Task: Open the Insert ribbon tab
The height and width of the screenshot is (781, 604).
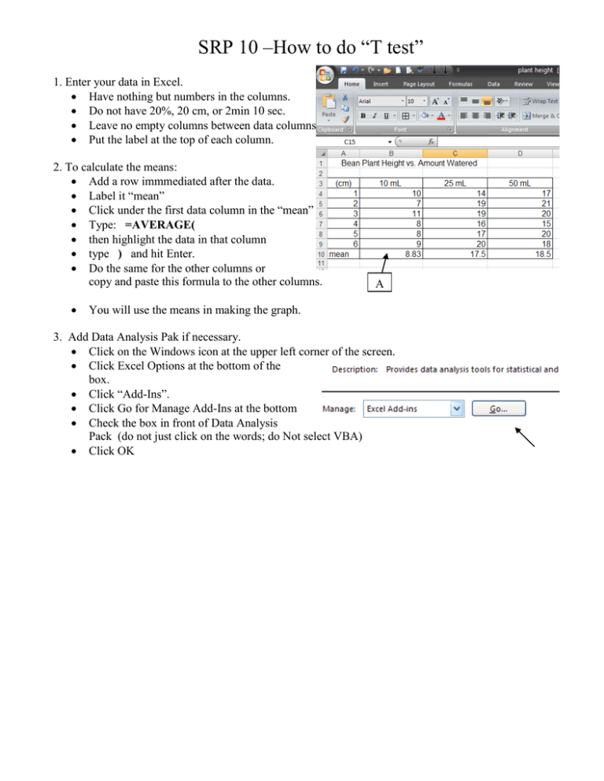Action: (381, 84)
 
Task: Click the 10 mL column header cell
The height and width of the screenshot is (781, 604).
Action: (389, 182)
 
